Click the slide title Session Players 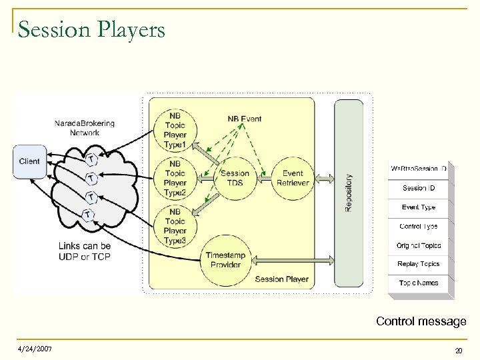(91, 30)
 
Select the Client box (29, 161)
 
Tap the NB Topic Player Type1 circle (175, 130)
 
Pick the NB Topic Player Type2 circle (175, 178)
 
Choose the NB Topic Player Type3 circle (175, 226)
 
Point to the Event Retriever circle (292, 178)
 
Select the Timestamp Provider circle (225, 260)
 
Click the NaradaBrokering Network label (84, 128)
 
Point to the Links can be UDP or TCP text (84, 251)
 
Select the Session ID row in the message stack (419, 188)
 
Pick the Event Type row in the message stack (419, 207)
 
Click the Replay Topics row (419, 264)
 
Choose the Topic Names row (419, 283)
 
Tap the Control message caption (421, 321)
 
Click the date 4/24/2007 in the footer (35, 349)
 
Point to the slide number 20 (458, 351)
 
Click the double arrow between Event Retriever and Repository (323, 178)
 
